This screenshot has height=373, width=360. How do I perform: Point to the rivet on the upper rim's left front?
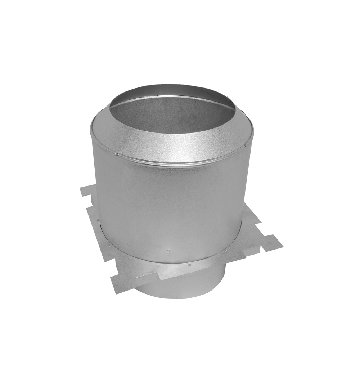[117, 154]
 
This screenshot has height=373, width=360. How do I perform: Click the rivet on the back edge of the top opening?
[158, 95]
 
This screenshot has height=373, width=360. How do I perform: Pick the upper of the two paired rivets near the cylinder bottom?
[168, 249]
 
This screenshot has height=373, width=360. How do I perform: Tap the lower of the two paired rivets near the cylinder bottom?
[166, 252]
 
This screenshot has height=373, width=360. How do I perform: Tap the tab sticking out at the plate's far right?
[272, 243]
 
